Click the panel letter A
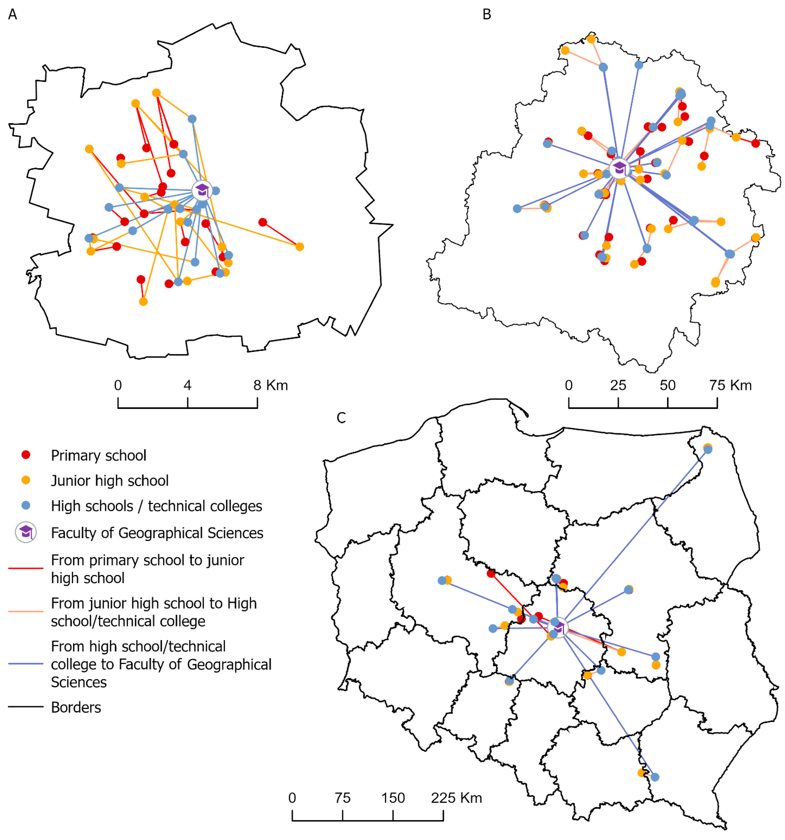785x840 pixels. (13, 14)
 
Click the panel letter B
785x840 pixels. (487, 14)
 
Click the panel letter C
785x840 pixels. (341, 418)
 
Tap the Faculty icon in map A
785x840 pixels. (202, 191)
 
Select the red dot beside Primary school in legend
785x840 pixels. (26, 455)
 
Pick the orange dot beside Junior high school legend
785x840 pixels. (26, 480)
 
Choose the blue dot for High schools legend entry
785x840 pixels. (26, 505)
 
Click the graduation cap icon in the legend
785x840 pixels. (26, 532)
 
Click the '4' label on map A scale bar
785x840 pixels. (187, 385)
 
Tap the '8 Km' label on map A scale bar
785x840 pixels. (271, 385)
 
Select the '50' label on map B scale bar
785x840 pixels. (667, 385)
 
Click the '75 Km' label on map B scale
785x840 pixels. (730, 385)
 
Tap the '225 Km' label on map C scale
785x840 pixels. (456, 798)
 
